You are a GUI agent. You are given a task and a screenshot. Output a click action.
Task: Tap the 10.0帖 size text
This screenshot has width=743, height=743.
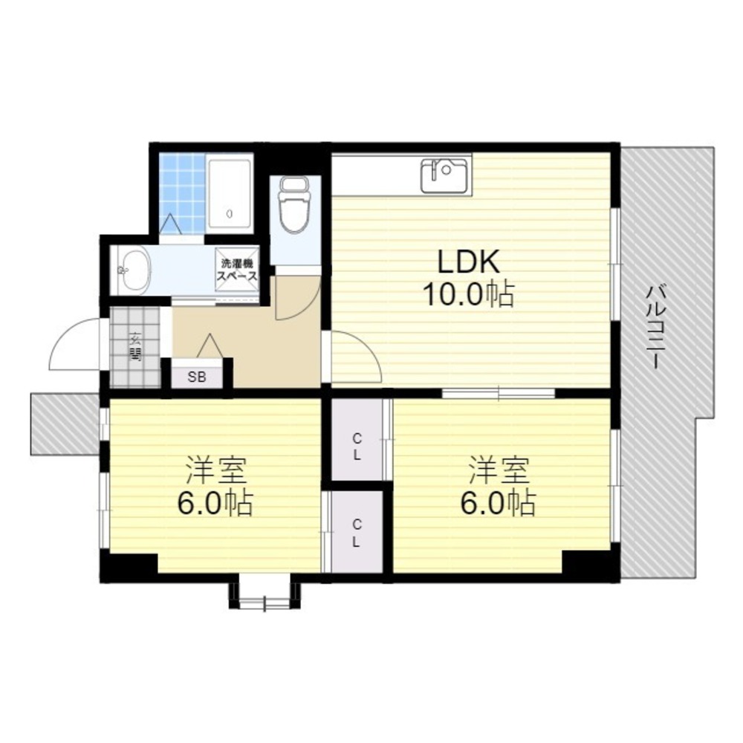click(468, 295)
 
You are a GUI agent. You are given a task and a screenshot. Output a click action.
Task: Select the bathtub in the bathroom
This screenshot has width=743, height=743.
click(229, 192)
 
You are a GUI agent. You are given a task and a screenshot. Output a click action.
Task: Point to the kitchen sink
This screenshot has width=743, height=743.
click(444, 175)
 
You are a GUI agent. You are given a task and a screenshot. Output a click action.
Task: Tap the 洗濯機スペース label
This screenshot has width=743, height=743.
click(237, 269)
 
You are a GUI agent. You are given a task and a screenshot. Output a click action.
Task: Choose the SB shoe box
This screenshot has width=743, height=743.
click(197, 376)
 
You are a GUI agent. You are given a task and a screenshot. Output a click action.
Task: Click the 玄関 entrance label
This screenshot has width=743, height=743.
click(135, 346)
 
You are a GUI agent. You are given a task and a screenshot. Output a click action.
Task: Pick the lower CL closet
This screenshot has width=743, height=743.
click(357, 532)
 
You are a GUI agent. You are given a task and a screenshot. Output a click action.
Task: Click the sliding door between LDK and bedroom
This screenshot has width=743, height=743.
click(499, 392)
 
